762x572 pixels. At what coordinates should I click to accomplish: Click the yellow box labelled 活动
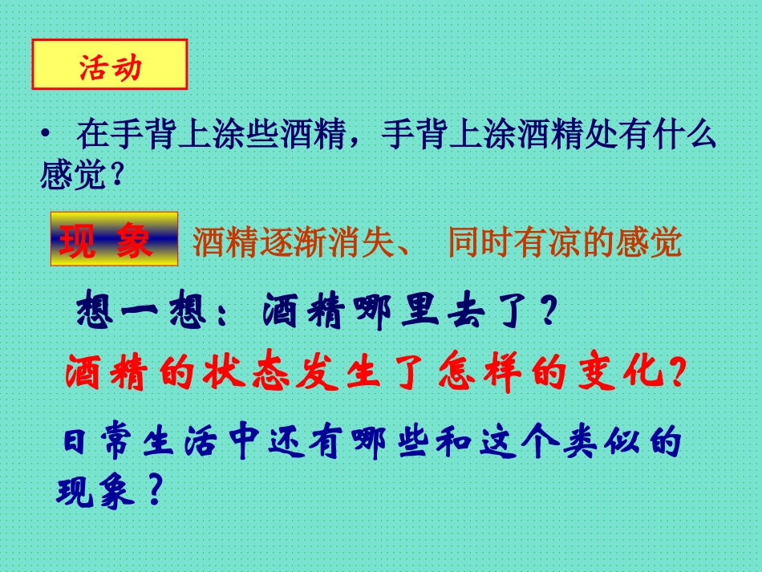110,66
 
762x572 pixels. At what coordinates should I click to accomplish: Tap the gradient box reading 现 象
114,239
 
